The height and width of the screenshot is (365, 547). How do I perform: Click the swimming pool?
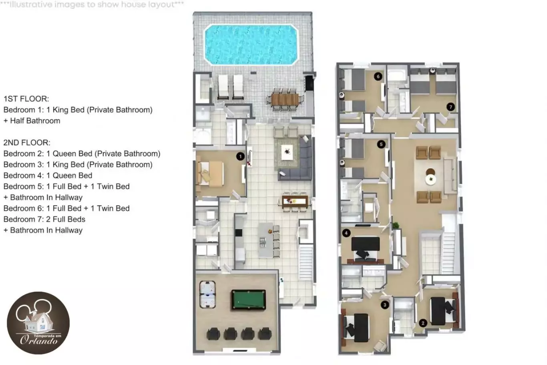click(x=251, y=45)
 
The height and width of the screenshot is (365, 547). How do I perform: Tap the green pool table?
click(x=249, y=300)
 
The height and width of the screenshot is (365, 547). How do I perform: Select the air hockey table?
click(x=207, y=294)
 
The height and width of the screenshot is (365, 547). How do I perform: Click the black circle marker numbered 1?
click(x=240, y=156)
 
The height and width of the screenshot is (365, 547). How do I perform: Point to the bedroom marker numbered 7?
click(x=450, y=107)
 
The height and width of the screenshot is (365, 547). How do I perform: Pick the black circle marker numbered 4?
click(x=346, y=233)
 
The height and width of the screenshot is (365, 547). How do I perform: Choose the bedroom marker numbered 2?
click(x=423, y=323)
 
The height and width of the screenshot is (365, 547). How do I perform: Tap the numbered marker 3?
click(x=385, y=305)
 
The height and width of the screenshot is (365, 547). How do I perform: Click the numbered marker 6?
click(x=378, y=77)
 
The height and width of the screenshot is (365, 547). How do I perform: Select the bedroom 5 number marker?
click(x=381, y=144)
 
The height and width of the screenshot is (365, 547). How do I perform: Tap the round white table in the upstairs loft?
click(x=430, y=179)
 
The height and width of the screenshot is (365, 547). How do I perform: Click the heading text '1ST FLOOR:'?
click(x=26, y=99)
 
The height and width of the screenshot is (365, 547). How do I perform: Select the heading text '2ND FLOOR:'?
click(x=27, y=143)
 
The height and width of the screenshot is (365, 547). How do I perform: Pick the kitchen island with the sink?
click(x=265, y=240)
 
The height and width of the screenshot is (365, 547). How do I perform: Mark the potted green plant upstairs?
click(x=396, y=225)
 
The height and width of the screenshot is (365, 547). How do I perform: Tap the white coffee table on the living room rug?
click(x=287, y=152)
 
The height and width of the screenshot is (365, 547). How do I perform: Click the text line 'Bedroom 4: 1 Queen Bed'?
click(x=48, y=175)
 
